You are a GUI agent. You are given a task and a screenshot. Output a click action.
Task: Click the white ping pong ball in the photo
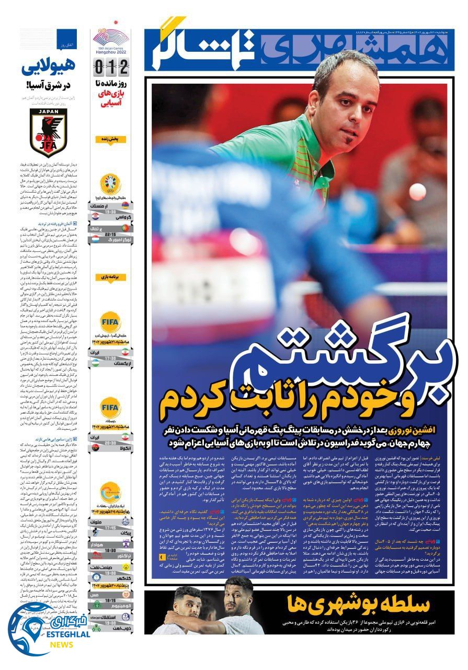417,191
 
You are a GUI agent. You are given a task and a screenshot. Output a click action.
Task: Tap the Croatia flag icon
96,216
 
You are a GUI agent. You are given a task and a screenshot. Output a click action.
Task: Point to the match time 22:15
110,234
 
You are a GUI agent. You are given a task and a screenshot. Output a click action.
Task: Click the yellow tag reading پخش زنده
110,139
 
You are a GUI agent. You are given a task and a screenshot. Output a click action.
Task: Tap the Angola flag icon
96,449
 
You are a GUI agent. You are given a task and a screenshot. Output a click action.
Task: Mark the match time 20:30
110,443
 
